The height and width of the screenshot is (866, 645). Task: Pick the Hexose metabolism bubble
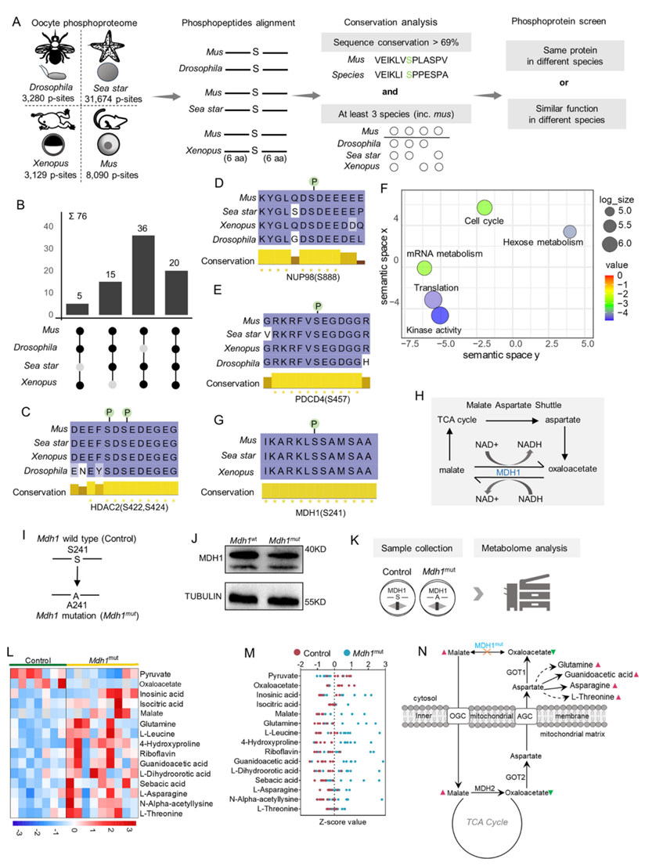[x=570, y=232]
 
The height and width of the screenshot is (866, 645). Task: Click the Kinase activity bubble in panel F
[x=440, y=316]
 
